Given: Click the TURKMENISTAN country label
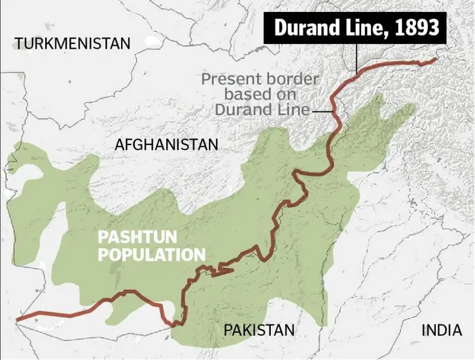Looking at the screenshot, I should (72, 43).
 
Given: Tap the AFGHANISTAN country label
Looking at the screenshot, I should (167, 144).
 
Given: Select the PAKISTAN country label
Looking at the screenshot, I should (259, 330).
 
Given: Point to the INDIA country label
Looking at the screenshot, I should (441, 330).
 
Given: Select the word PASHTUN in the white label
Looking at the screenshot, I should (137, 238).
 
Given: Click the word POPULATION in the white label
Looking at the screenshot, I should (151, 255).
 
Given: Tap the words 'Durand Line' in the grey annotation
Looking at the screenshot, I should (262, 110).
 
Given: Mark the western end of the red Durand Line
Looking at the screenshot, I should (18, 319).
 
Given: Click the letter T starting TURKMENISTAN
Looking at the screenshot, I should (20, 43).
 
